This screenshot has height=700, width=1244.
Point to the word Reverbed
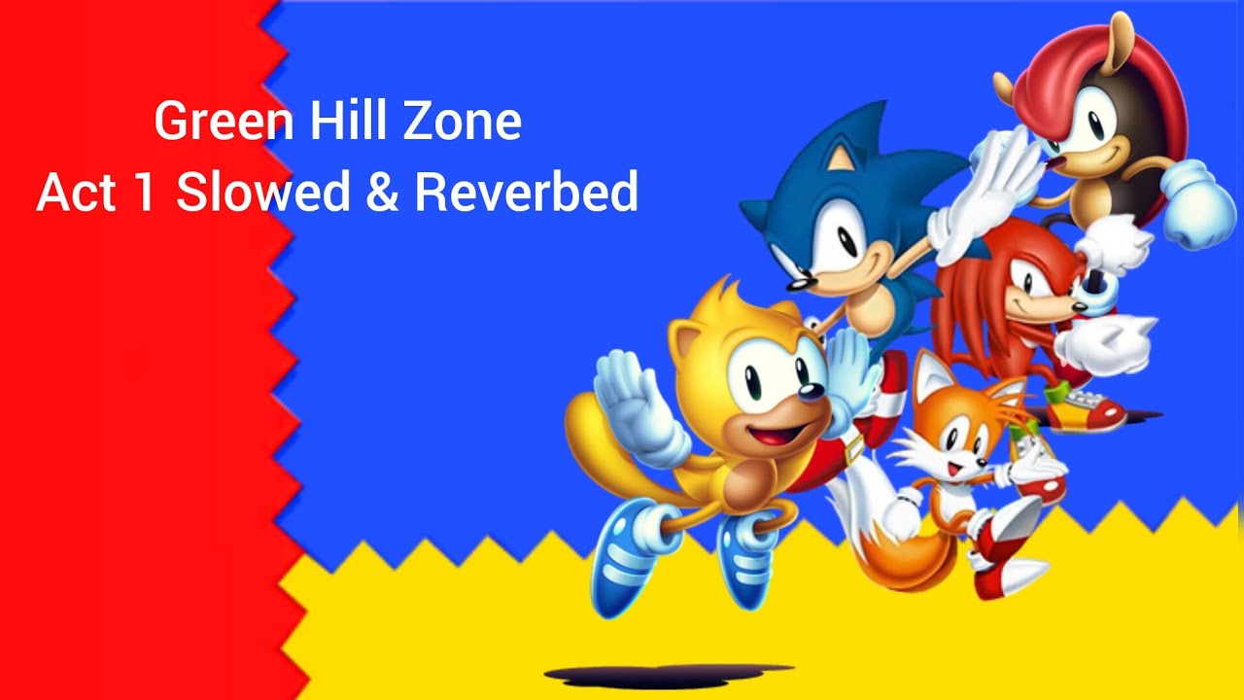[526, 192]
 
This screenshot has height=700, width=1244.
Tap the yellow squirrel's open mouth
[777, 433]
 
